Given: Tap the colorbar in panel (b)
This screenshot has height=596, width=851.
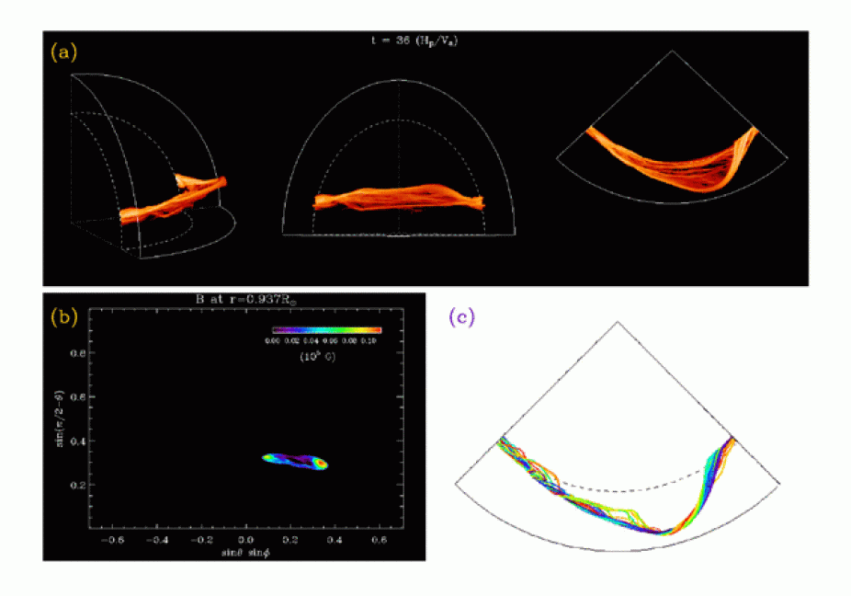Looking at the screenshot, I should point(326,329).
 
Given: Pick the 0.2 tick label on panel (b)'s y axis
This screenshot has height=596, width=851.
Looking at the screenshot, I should point(75,485).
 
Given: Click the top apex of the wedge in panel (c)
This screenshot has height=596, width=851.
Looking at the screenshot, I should point(617,322).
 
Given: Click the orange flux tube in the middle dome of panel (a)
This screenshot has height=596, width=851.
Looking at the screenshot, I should point(397,199).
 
